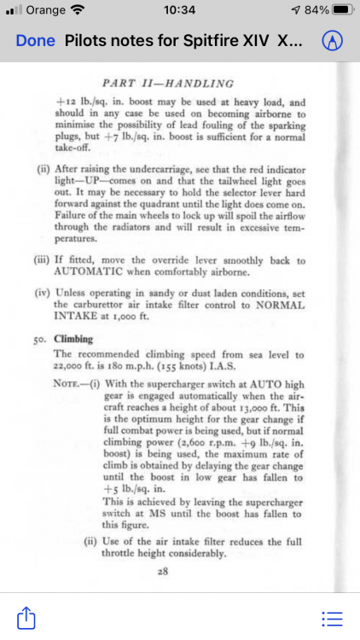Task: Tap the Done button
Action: (x=35, y=41)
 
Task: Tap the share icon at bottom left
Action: (x=26, y=616)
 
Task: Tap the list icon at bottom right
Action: (x=332, y=616)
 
